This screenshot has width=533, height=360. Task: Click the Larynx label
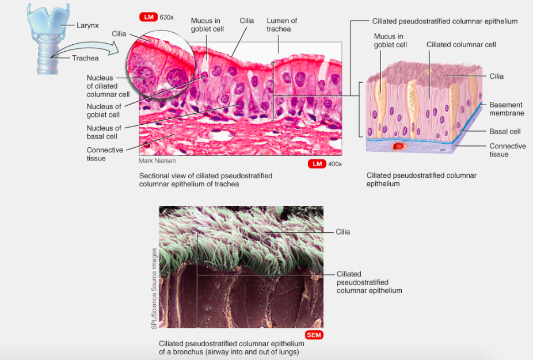click(x=87, y=25)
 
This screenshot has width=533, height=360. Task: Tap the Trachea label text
click(x=85, y=58)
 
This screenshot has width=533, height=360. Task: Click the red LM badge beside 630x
click(x=149, y=17)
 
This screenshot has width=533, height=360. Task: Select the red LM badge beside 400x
click(x=317, y=164)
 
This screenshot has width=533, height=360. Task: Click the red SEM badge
click(x=314, y=335)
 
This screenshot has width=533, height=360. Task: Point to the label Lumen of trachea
click(x=281, y=25)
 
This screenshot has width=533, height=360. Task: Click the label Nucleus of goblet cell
click(x=104, y=110)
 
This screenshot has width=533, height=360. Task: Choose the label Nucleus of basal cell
click(x=104, y=132)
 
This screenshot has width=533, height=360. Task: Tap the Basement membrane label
click(x=506, y=109)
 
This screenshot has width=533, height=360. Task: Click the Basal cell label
click(x=505, y=132)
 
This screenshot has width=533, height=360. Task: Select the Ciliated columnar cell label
click(x=461, y=44)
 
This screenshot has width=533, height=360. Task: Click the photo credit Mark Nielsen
click(x=157, y=162)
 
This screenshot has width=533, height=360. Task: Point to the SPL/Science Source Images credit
click(x=154, y=289)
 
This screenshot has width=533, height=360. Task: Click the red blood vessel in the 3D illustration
click(x=398, y=147)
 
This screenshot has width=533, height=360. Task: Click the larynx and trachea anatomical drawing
click(x=48, y=37)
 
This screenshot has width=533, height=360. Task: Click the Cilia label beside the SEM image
click(x=343, y=232)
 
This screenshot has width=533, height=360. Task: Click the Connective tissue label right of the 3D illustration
click(x=507, y=150)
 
